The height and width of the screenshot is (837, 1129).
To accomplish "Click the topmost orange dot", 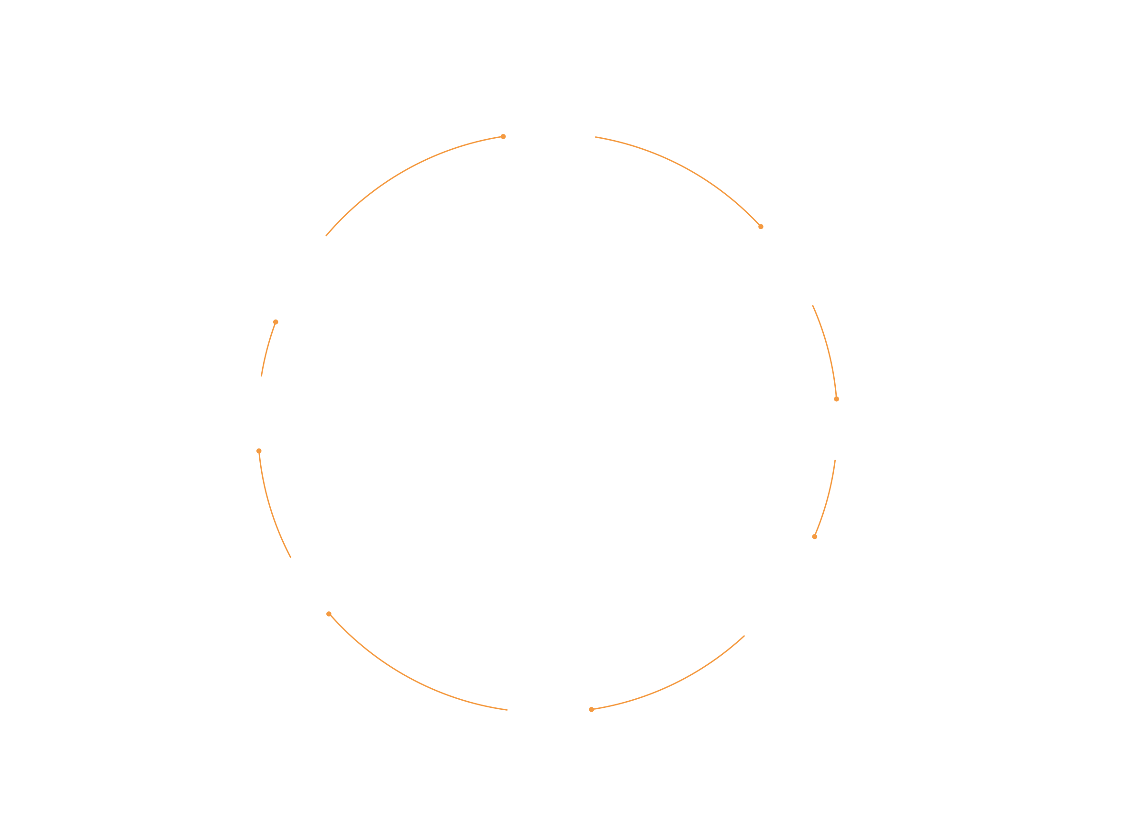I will point(503,137).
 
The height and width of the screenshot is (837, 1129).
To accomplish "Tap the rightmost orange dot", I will point(837,399).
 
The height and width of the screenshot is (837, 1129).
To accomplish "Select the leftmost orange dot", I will point(259,451).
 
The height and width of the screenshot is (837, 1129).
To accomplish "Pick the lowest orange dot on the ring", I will point(591,710).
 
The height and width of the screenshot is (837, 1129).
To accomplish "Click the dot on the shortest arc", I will point(276,322).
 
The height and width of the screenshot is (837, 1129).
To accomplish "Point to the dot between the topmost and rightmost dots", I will point(761,227).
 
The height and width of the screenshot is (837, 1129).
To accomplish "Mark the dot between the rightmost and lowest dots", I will point(815,537).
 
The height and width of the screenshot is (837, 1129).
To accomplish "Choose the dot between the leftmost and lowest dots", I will point(329,614).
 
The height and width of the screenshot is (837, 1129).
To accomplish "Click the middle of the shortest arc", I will point(267,349).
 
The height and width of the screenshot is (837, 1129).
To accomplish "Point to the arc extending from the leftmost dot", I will point(270,507).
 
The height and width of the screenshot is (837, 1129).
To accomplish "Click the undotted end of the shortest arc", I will point(262,376).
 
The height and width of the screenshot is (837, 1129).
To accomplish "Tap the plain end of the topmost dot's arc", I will point(326,236).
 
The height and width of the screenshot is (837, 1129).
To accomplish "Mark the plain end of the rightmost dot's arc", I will point(813,306).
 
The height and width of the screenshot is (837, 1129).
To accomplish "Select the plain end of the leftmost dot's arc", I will point(290,557).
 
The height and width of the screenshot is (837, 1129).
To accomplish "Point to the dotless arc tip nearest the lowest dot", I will point(507,710).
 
